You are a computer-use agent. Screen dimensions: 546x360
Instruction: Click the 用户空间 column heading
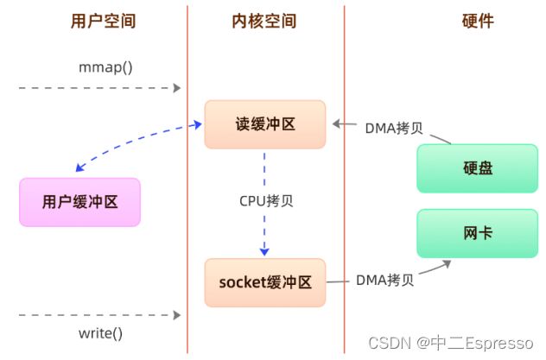point(103,21)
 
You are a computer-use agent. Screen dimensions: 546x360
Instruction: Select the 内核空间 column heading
point(264,21)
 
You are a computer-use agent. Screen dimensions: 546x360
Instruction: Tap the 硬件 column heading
point(478,21)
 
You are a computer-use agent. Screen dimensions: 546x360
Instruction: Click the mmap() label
point(105,67)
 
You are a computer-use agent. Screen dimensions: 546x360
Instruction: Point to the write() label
point(100,333)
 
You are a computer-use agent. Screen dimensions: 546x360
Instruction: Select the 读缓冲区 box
point(265,124)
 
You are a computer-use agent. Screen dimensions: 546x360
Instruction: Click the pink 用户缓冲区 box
point(79,202)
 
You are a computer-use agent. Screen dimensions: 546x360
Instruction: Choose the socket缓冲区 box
point(265,282)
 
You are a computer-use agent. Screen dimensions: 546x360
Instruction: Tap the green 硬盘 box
point(478,168)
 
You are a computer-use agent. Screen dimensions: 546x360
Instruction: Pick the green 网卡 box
point(478,233)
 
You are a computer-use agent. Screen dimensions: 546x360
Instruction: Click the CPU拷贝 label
point(266,201)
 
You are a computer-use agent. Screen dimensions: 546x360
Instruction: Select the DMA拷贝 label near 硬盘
point(394,129)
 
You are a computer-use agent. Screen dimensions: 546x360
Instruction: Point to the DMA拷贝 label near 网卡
point(384,280)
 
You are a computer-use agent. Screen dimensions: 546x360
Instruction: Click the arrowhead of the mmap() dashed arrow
point(177,88)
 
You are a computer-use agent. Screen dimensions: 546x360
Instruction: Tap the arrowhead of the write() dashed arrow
point(177,315)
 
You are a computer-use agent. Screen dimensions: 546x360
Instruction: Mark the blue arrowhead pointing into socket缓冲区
point(264,252)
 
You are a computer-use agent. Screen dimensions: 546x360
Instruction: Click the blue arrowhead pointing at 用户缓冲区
point(79,167)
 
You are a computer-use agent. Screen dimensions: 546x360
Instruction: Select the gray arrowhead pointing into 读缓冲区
point(336,123)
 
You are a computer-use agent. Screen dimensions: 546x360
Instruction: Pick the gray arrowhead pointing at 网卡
point(447,264)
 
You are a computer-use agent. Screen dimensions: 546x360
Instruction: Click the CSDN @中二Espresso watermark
point(451,343)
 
